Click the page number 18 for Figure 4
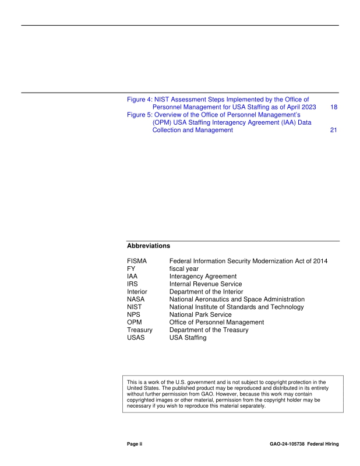pyautogui.click(x=333, y=108)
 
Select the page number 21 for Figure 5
pyautogui.click(x=333, y=130)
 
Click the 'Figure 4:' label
pyautogui.click(x=139, y=100)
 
